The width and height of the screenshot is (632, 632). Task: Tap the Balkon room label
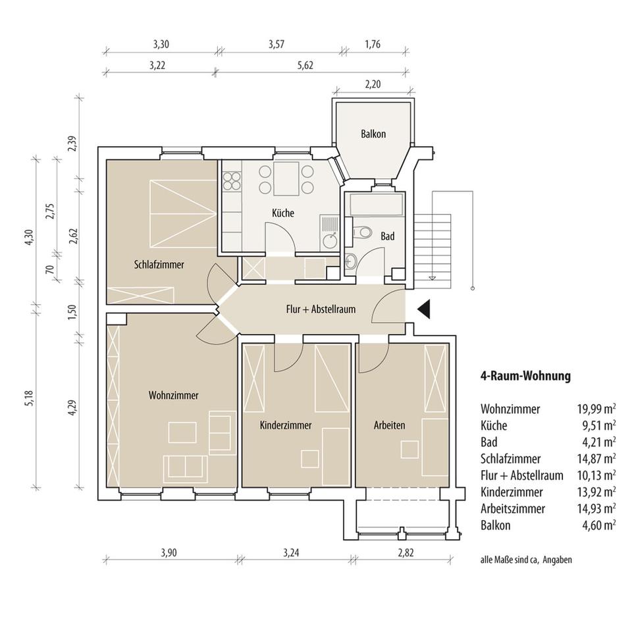[x=373, y=134]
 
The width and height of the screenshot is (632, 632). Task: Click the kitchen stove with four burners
[x=232, y=181]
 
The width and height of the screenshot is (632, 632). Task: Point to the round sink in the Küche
[x=330, y=241]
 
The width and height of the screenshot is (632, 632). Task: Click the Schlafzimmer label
[x=159, y=265]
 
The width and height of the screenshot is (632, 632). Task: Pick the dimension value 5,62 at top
[x=305, y=65]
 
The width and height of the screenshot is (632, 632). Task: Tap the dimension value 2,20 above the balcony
[x=373, y=84]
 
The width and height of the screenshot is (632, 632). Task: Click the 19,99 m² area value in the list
[x=596, y=409]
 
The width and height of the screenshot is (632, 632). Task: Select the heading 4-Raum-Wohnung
[x=525, y=376]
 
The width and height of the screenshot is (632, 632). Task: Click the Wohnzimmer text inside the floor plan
[x=173, y=395]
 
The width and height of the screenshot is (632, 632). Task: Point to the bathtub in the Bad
[x=377, y=205]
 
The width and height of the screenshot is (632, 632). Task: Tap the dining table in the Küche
[x=286, y=178]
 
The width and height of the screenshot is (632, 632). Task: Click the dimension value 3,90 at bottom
[x=169, y=552]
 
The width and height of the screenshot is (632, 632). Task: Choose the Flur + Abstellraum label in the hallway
[x=321, y=309]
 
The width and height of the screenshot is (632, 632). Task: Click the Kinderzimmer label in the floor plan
[x=286, y=425]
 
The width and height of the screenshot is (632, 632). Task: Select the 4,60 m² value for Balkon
[x=599, y=525]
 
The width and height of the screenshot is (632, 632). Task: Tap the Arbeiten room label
[x=389, y=425]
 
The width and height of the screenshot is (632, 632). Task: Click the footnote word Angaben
[x=557, y=560]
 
